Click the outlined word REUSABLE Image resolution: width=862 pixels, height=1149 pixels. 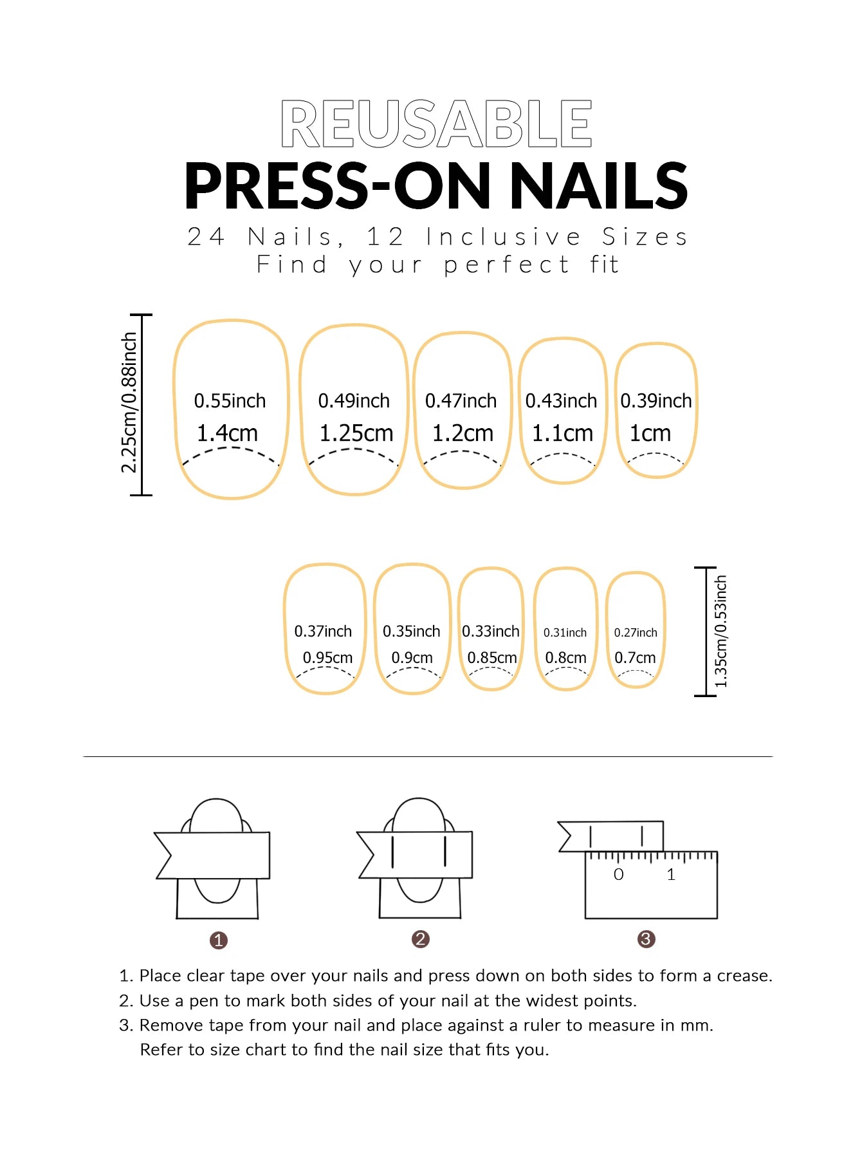(x=436, y=124)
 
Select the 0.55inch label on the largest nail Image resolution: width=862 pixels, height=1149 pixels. (x=230, y=401)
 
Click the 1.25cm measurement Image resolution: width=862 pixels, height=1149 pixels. (x=356, y=433)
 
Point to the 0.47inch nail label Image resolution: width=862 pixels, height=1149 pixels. (x=461, y=401)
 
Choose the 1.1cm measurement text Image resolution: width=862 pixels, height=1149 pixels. (x=562, y=433)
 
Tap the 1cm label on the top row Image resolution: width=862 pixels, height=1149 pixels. (x=650, y=433)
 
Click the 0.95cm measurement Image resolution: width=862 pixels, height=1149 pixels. (x=327, y=658)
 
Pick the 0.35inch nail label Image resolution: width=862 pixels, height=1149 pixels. (x=411, y=631)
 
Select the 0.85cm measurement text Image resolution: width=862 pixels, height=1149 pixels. (x=492, y=658)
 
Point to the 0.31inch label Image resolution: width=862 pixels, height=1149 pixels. (x=565, y=633)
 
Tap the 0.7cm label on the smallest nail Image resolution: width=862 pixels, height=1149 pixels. (x=635, y=658)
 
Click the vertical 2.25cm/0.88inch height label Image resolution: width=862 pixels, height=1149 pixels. (x=129, y=403)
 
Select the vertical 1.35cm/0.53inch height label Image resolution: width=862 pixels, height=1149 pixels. (x=721, y=631)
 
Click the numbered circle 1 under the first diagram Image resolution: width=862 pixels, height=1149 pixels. (x=219, y=940)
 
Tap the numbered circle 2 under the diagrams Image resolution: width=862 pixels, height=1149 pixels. (x=420, y=939)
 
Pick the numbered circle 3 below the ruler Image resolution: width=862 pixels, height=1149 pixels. (x=646, y=939)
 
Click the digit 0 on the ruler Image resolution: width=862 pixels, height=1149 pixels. (x=618, y=874)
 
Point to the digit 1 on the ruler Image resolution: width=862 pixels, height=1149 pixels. (x=671, y=874)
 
